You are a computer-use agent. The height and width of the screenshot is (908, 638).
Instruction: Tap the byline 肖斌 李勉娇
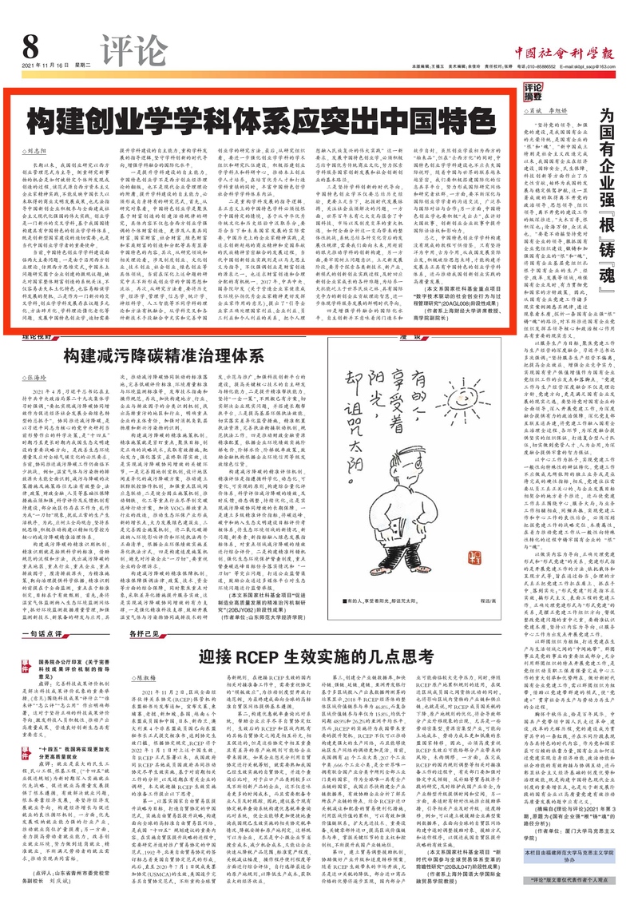point(559,110)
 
